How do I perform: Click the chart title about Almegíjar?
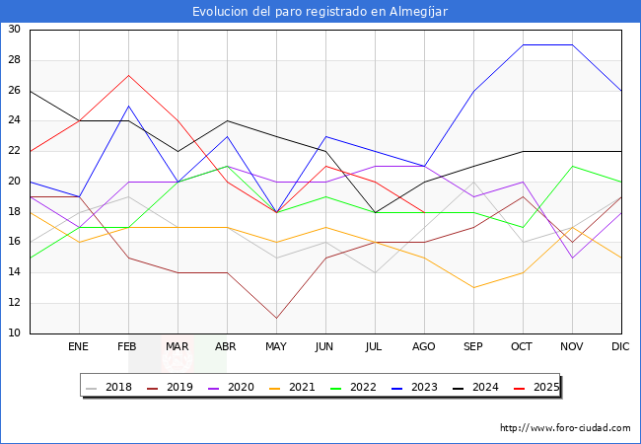[320, 11]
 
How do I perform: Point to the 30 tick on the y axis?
[15, 30]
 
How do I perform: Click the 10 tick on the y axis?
[15, 333]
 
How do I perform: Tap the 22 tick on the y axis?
[15, 151]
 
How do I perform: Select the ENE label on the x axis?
[79, 347]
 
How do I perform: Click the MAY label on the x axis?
[276, 347]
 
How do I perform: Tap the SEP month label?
[473, 347]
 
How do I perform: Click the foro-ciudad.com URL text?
[565, 428]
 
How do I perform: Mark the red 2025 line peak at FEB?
[128, 75]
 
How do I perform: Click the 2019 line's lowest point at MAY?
[276, 319]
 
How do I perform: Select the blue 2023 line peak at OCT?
[523, 45]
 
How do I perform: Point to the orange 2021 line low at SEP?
[473, 288]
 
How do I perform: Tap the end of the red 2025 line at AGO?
[424, 212]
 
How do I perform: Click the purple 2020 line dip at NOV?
[572, 258]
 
